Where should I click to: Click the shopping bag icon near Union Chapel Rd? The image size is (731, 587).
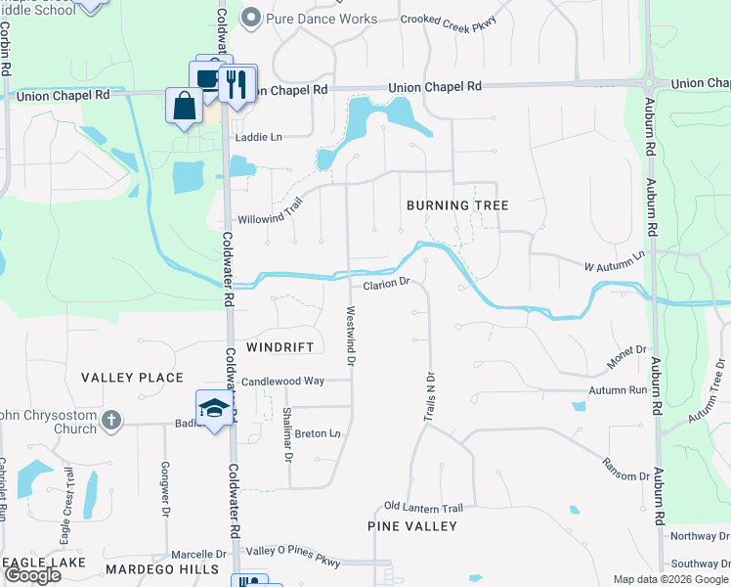[x=184, y=105]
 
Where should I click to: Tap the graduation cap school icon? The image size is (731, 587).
[x=213, y=409]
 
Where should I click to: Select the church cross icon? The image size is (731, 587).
[x=111, y=421]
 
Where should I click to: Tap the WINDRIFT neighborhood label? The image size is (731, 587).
[x=280, y=347]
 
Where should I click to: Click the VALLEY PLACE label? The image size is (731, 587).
[x=132, y=378]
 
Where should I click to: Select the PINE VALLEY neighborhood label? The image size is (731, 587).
[x=412, y=526]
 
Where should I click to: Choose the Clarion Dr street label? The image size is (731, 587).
[x=384, y=285]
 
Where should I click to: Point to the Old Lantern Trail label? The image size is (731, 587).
[x=423, y=508]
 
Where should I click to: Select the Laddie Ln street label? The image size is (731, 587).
[x=257, y=138]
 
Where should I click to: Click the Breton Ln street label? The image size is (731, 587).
[x=318, y=433]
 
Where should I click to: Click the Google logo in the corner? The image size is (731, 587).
[x=32, y=575]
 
